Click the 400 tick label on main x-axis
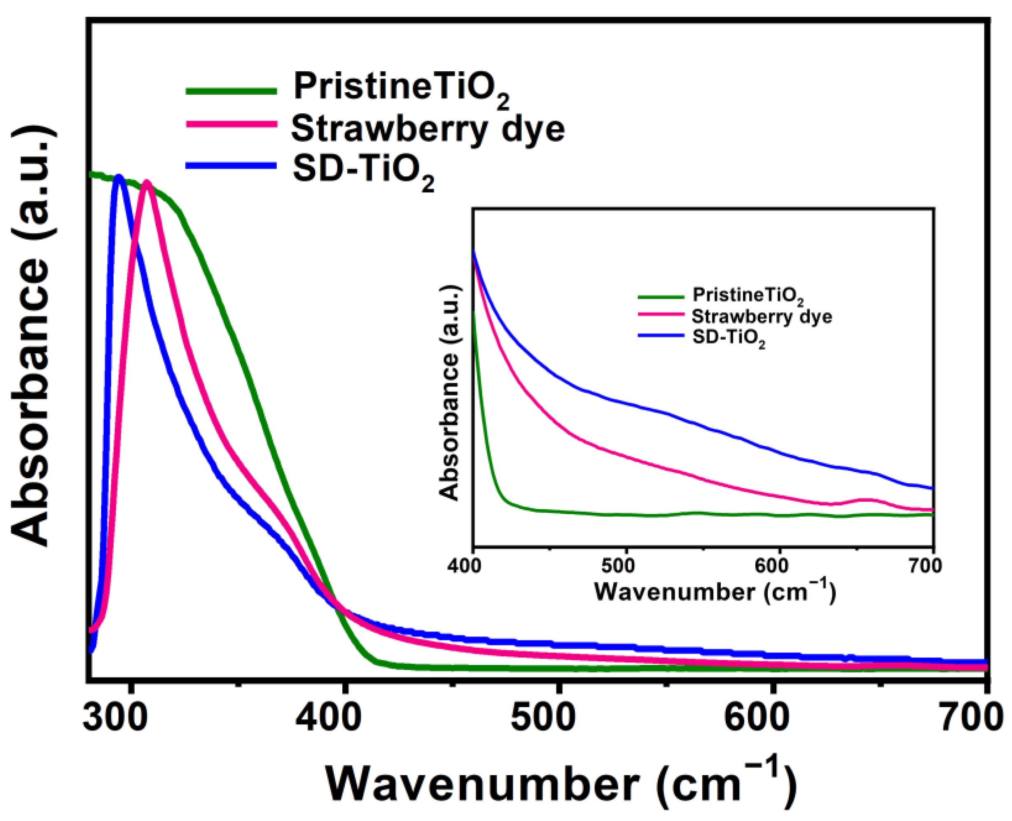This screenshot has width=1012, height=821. tap(328, 718)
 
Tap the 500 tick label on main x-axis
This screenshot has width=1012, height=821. tap(543, 718)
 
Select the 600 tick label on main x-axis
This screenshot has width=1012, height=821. tap(757, 718)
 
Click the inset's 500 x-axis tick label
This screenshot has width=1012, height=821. tap(625, 566)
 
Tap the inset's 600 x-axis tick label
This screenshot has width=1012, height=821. tap(778, 566)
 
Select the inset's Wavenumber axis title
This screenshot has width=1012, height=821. tap(714, 591)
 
